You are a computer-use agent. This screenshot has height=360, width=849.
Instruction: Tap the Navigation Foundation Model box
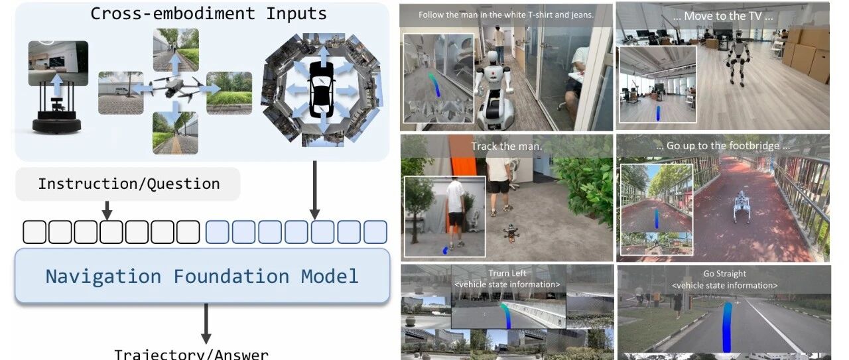click(x=202, y=276)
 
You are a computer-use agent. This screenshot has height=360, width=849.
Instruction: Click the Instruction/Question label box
click(x=128, y=184)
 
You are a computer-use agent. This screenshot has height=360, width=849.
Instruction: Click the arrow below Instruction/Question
click(x=107, y=210)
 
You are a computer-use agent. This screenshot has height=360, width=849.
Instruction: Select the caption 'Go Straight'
click(x=724, y=274)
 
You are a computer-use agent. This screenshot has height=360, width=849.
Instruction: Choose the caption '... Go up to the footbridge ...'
click(x=722, y=146)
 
